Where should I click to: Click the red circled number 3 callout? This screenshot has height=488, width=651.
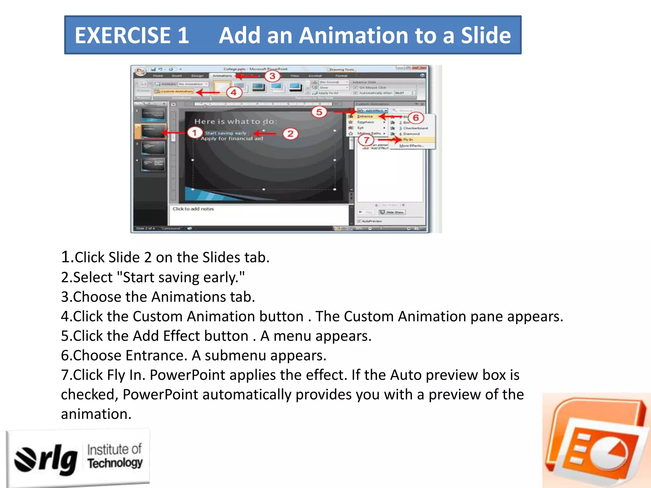pos(272,76)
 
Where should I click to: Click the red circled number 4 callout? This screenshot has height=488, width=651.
pos(234,92)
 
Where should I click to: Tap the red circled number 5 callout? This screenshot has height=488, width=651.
pos(319,112)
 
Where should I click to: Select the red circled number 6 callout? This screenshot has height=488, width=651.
pos(416,118)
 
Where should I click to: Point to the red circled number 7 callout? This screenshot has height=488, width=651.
pos(367,140)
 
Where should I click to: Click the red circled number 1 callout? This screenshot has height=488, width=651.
pos(194,132)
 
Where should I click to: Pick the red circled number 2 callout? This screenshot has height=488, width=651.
pos(290,133)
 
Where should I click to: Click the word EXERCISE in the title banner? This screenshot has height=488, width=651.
pos(123,35)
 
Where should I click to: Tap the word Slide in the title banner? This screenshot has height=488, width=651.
pos(486,35)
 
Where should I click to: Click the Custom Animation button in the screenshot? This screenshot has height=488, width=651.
pos(174,91)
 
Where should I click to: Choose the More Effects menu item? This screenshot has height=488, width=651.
pos(411,146)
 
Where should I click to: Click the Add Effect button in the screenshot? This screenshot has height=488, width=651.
pos(373,111)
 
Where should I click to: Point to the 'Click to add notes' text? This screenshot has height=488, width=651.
pos(193,209)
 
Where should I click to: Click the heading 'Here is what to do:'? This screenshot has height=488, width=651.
pos(235,121)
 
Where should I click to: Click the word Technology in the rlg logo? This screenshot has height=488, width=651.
pos(115,463)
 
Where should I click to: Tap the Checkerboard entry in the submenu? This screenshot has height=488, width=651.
pos(415,128)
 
